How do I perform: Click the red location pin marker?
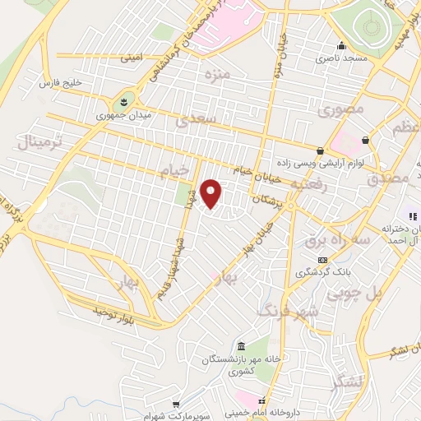click(x=212, y=194)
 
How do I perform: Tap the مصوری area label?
click(x=338, y=109)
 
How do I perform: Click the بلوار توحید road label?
click(x=112, y=313)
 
